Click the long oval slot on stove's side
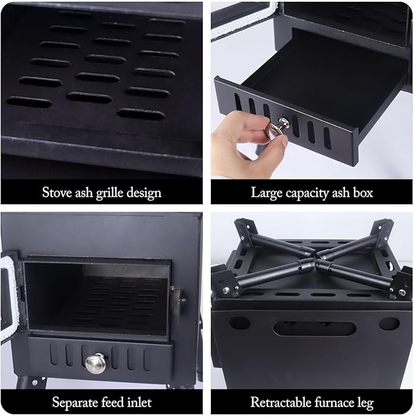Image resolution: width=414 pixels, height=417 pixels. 314,328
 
